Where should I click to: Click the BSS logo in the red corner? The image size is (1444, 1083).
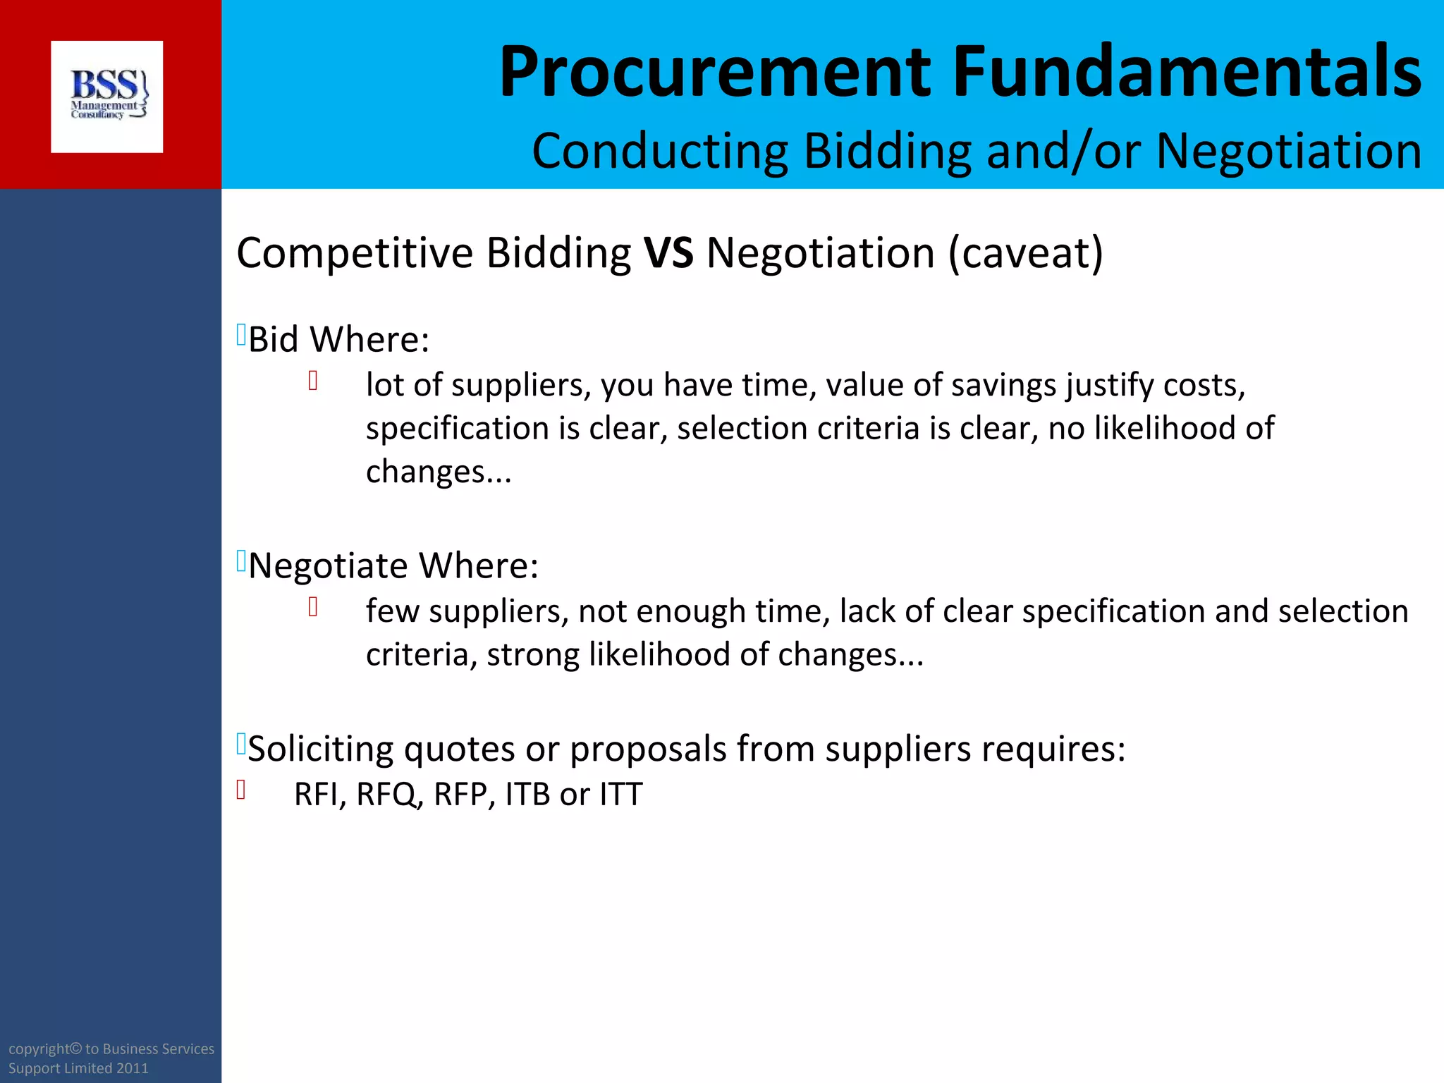(x=107, y=97)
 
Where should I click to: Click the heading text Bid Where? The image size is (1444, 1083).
(x=338, y=339)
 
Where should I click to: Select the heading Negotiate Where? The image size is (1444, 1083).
(x=393, y=565)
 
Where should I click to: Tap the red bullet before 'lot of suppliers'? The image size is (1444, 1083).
(x=313, y=381)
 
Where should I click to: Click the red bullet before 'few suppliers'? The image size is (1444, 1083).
(x=313, y=607)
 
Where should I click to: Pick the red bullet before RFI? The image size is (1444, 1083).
(x=241, y=790)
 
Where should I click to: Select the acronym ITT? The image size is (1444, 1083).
(x=621, y=795)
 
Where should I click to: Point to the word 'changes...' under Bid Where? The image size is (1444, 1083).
(x=439, y=472)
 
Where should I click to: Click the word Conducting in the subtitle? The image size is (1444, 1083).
(x=660, y=151)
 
